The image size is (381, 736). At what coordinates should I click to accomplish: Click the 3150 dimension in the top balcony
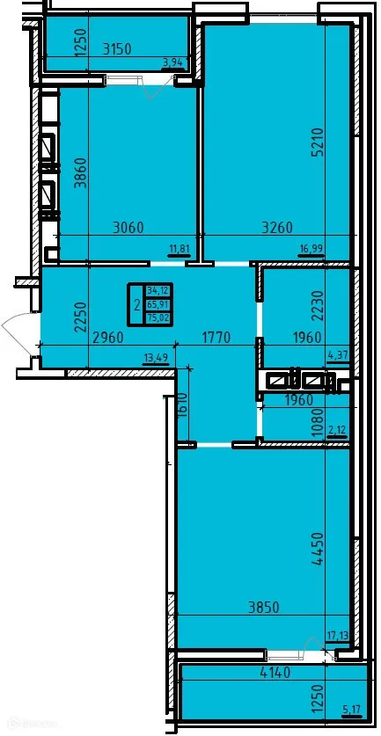click(114, 49)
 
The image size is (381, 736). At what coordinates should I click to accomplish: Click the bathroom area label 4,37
click(338, 356)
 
